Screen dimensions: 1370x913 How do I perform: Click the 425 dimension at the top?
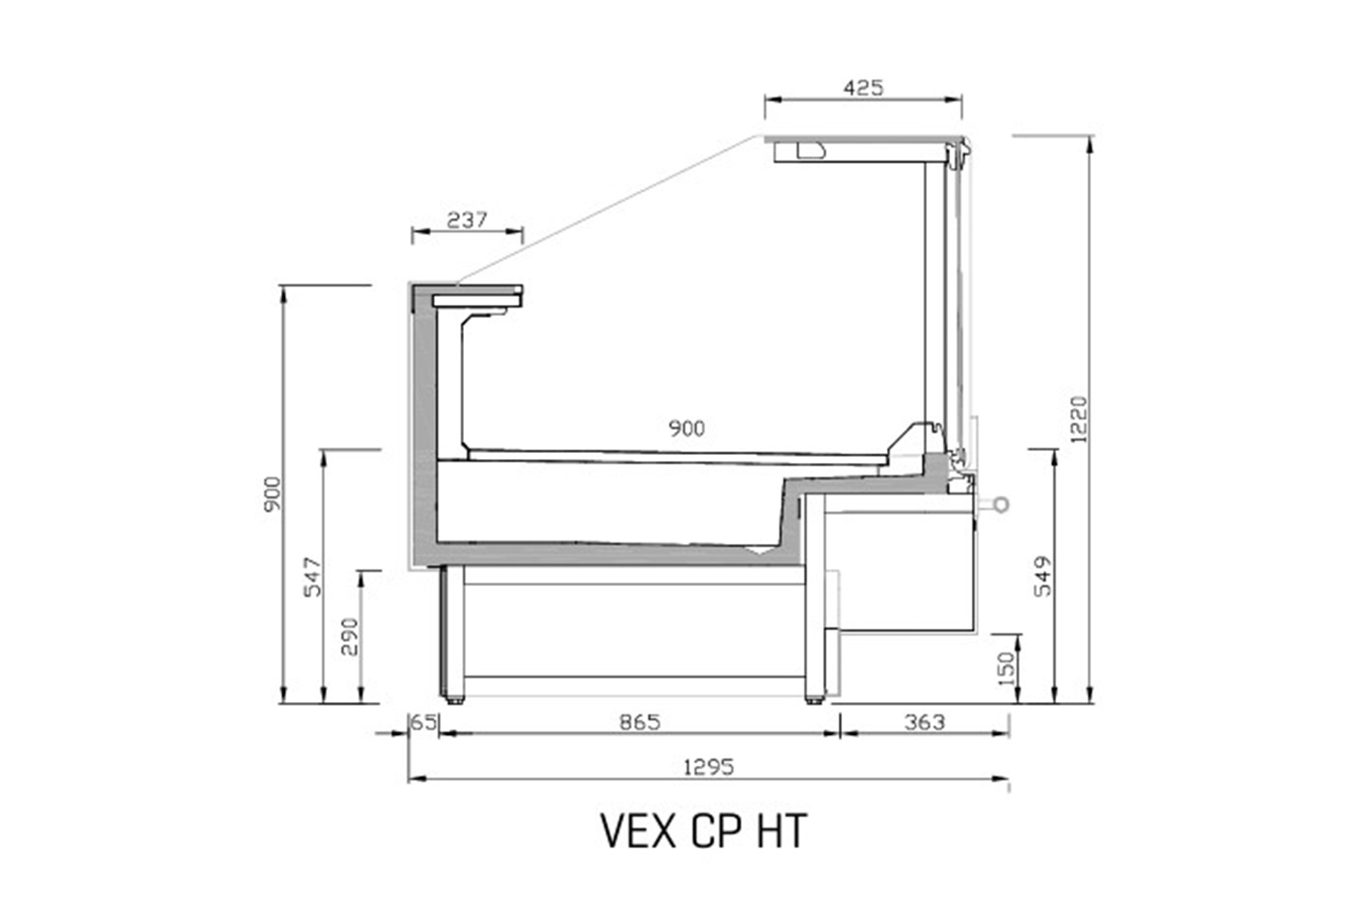864,88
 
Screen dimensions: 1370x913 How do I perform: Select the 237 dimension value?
467,220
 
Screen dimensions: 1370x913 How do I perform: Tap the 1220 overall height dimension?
1080,419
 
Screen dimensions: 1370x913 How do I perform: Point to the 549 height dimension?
1043,576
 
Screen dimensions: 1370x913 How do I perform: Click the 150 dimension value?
1006,668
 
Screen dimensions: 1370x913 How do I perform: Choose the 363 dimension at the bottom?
924,723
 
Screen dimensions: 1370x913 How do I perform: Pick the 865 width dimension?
640,723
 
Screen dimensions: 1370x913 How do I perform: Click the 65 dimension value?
423,723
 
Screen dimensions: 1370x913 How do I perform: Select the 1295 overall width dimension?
708,767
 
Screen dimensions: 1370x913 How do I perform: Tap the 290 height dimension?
349,636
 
